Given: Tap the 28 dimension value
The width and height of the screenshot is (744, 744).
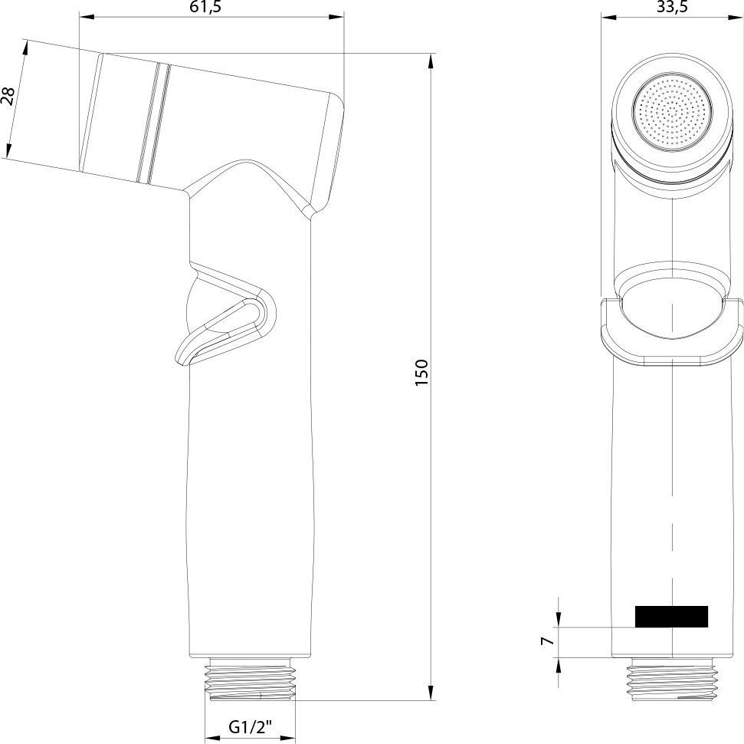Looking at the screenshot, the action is pos(8,96).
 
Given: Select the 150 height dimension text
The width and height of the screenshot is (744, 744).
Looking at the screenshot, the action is pos(421,373).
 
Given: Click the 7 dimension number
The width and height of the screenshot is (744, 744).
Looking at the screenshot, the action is pos(548,641).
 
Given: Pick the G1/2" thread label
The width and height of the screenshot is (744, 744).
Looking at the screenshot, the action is pos(251,727).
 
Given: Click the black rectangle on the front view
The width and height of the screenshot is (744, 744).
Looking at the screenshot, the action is pos(671,616).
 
